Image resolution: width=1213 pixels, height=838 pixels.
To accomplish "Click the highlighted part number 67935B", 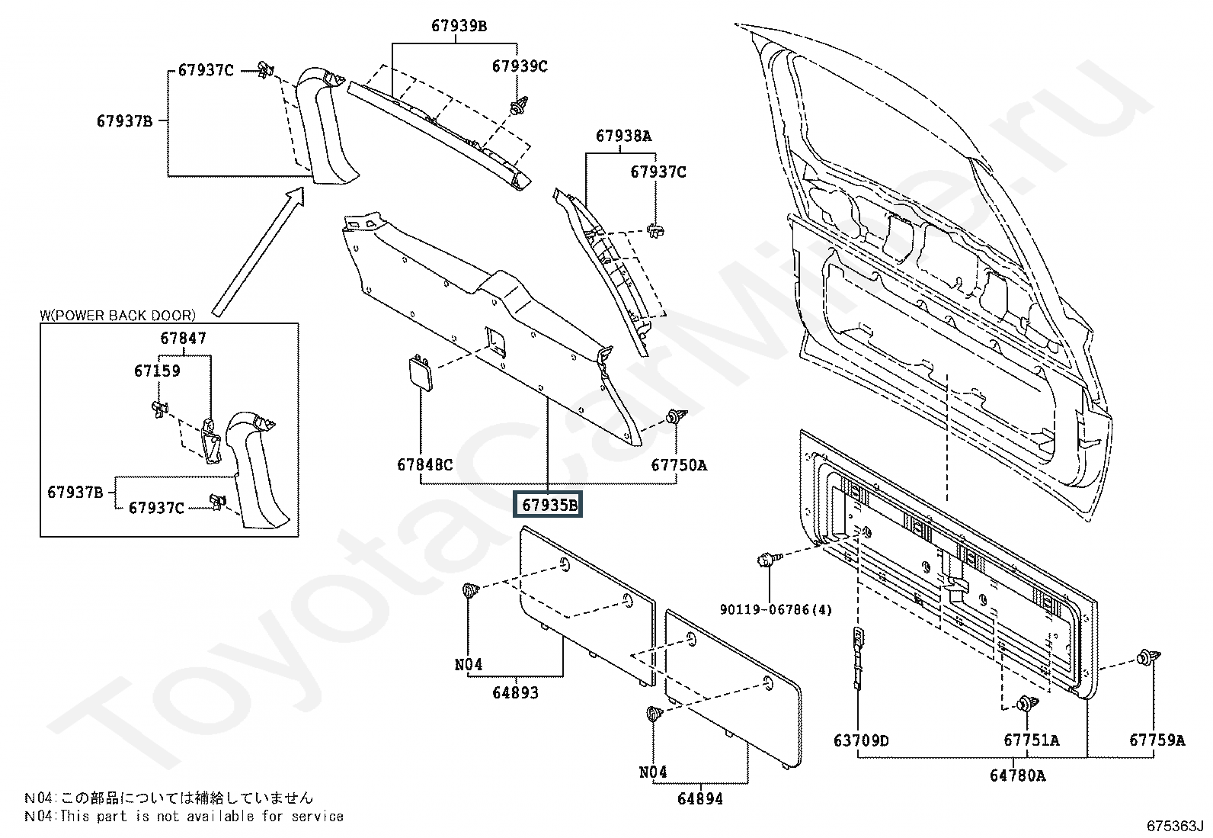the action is point(548,505).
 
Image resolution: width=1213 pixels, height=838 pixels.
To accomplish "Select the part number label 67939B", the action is point(459,25).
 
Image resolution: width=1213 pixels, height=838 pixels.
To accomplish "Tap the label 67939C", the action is point(520,66).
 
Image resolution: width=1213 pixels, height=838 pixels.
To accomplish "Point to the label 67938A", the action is point(624,136).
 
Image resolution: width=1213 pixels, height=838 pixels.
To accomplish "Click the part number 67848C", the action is point(424,464).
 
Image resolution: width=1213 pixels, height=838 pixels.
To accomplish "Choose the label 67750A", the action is point(679,465).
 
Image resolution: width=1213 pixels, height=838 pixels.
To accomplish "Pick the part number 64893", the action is point(515,692).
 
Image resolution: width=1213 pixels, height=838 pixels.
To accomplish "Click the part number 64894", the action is point(699,798).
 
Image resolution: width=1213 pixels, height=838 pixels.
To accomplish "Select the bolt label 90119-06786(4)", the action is point(776,609).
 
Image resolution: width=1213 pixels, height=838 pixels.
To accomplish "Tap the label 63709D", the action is point(861,740).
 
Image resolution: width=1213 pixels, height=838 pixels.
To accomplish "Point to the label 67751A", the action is point(1031,740).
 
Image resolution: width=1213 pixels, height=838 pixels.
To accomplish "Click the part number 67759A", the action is point(1157,740).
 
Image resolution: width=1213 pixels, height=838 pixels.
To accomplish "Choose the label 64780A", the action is point(1017,775).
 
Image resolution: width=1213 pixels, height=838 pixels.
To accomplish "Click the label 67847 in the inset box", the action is point(183,339).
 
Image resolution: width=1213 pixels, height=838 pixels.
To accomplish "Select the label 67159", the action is point(157,371).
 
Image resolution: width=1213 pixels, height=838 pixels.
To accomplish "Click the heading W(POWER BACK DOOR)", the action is point(117,316).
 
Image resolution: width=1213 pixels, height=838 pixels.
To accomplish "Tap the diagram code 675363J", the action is point(1175,826).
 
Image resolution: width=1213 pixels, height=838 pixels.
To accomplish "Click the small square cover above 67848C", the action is point(421,372).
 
